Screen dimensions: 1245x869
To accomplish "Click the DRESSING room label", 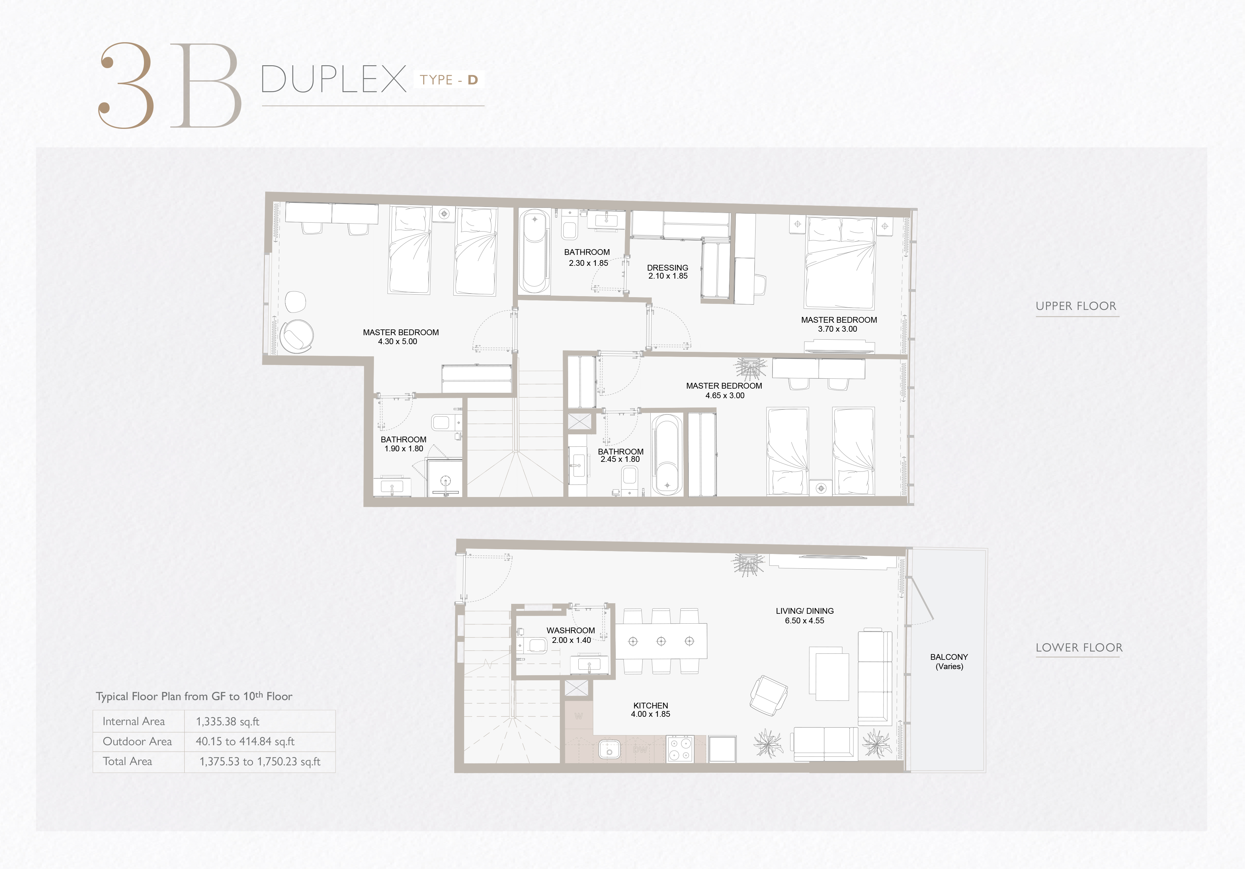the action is pos(668,268).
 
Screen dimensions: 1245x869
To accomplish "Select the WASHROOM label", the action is pos(570,630).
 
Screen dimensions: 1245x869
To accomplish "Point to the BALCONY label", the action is pos(949,657).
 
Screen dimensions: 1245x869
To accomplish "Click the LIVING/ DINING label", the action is pos(805,611).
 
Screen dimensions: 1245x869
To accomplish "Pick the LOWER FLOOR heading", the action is pos(1079,647).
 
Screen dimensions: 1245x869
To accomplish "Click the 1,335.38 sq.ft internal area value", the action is pos(228,722).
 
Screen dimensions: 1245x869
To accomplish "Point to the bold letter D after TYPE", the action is pos(473,80).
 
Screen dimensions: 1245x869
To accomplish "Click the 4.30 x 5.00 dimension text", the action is pos(398,342).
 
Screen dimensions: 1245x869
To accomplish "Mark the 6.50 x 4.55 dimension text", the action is pos(805,621).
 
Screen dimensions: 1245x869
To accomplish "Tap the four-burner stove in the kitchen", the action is pos(680,749).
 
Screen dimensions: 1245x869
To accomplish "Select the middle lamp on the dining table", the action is pos(661,641).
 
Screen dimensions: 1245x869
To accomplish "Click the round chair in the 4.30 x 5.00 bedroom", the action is pos(297,336).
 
